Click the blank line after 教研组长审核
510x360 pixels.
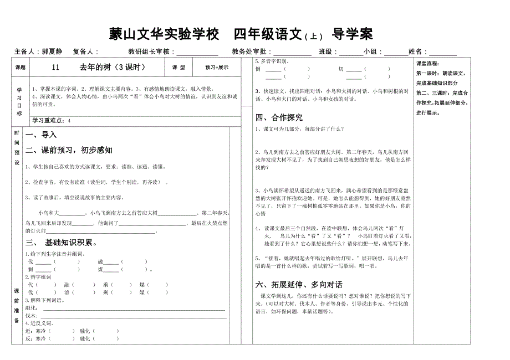point(196,52)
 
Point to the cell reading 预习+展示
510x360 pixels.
point(217,67)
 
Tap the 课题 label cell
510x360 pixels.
point(20,67)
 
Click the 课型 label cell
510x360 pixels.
point(178,67)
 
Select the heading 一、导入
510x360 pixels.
point(41,135)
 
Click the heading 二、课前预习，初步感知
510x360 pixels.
point(69,150)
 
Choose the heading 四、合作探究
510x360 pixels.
point(279,117)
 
